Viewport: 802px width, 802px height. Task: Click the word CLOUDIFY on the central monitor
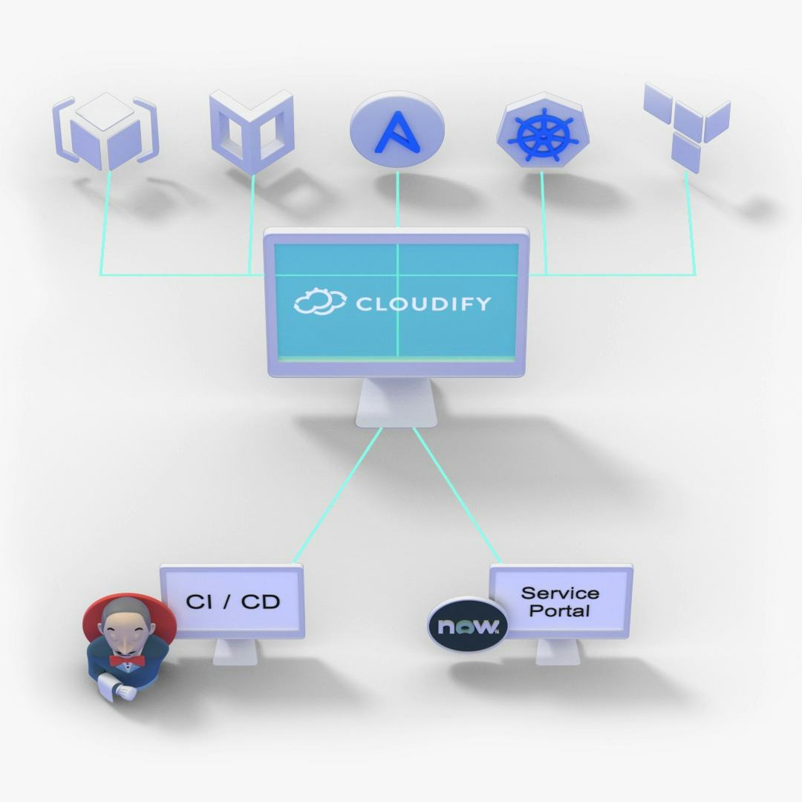(423, 303)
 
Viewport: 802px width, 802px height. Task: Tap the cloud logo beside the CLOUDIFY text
(320, 301)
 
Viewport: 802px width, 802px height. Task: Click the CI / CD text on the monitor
(232, 601)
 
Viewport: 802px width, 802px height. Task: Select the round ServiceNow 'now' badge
(468, 626)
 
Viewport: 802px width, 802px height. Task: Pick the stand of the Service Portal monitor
(558, 652)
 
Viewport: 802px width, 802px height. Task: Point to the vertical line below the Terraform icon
(690, 223)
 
